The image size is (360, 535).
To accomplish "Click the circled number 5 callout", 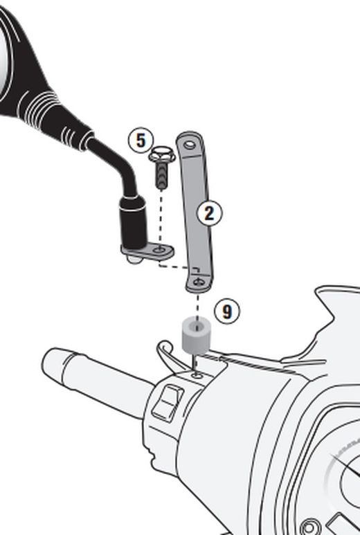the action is click(141, 140).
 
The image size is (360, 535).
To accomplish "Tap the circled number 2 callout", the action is click(209, 213).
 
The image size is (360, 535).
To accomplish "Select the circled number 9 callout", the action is click(227, 311).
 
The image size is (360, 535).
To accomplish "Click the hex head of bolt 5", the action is click(162, 154).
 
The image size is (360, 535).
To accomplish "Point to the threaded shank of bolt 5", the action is click(162, 175).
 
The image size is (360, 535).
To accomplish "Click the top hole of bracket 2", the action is click(190, 145).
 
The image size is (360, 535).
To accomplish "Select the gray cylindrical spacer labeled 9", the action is click(196, 336).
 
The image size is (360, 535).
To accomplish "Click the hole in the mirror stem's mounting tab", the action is click(159, 250).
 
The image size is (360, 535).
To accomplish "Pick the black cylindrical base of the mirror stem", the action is click(134, 222).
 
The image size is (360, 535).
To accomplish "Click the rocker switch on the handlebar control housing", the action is click(168, 403).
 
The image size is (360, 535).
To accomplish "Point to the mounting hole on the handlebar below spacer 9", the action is click(196, 376).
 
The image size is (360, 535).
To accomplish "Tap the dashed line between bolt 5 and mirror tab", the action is click(161, 219).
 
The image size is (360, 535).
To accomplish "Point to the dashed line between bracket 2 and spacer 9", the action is click(197, 306).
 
